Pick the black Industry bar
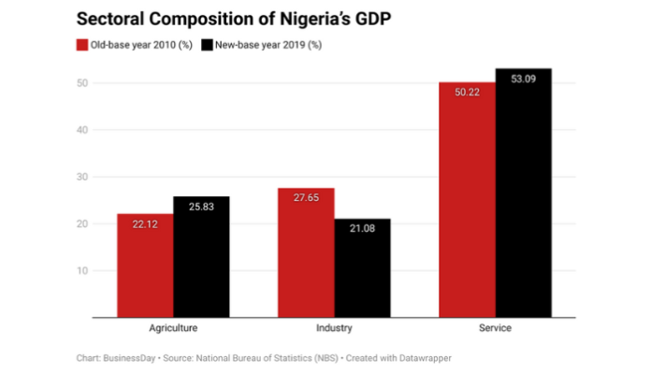click(362, 271)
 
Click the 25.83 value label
click(201, 205)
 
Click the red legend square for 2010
click(81, 45)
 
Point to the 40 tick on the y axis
click(82, 130)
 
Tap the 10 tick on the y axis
click(82, 271)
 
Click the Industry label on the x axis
click(334, 329)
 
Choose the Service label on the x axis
click(495, 329)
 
